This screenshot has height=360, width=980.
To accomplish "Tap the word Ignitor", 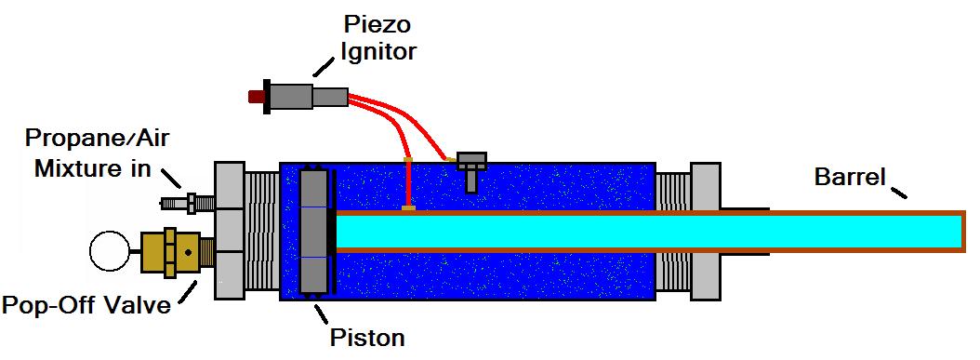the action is click(378, 51).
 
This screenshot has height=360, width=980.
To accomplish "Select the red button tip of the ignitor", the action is click(256, 97).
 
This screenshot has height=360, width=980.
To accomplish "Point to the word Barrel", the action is click(851, 178).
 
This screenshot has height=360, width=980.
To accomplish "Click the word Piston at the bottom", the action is click(368, 338).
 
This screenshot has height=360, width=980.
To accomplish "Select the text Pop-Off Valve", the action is click(86, 306).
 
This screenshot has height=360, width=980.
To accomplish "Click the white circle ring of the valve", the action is click(109, 251).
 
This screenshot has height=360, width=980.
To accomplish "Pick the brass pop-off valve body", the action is click(179, 252).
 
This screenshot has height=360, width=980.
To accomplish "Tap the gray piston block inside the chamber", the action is click(313, 232).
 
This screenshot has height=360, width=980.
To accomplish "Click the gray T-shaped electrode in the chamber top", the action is click(472, 169).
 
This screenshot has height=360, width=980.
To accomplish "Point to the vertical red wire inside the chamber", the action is click(408, 184).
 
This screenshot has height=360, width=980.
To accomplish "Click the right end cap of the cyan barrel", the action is click(964, 232).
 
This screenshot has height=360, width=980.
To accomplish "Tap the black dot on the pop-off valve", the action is click(188, 252).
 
